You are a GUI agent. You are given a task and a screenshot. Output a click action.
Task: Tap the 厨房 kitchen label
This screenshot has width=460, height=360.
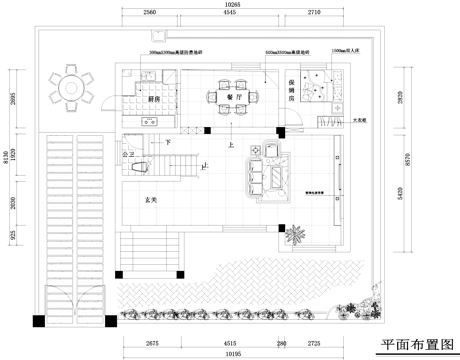click(155, 100)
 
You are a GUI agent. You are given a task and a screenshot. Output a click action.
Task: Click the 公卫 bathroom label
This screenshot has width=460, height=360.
click(128, 156)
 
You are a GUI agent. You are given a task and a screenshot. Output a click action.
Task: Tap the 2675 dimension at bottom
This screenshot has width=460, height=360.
click(152, 343)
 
